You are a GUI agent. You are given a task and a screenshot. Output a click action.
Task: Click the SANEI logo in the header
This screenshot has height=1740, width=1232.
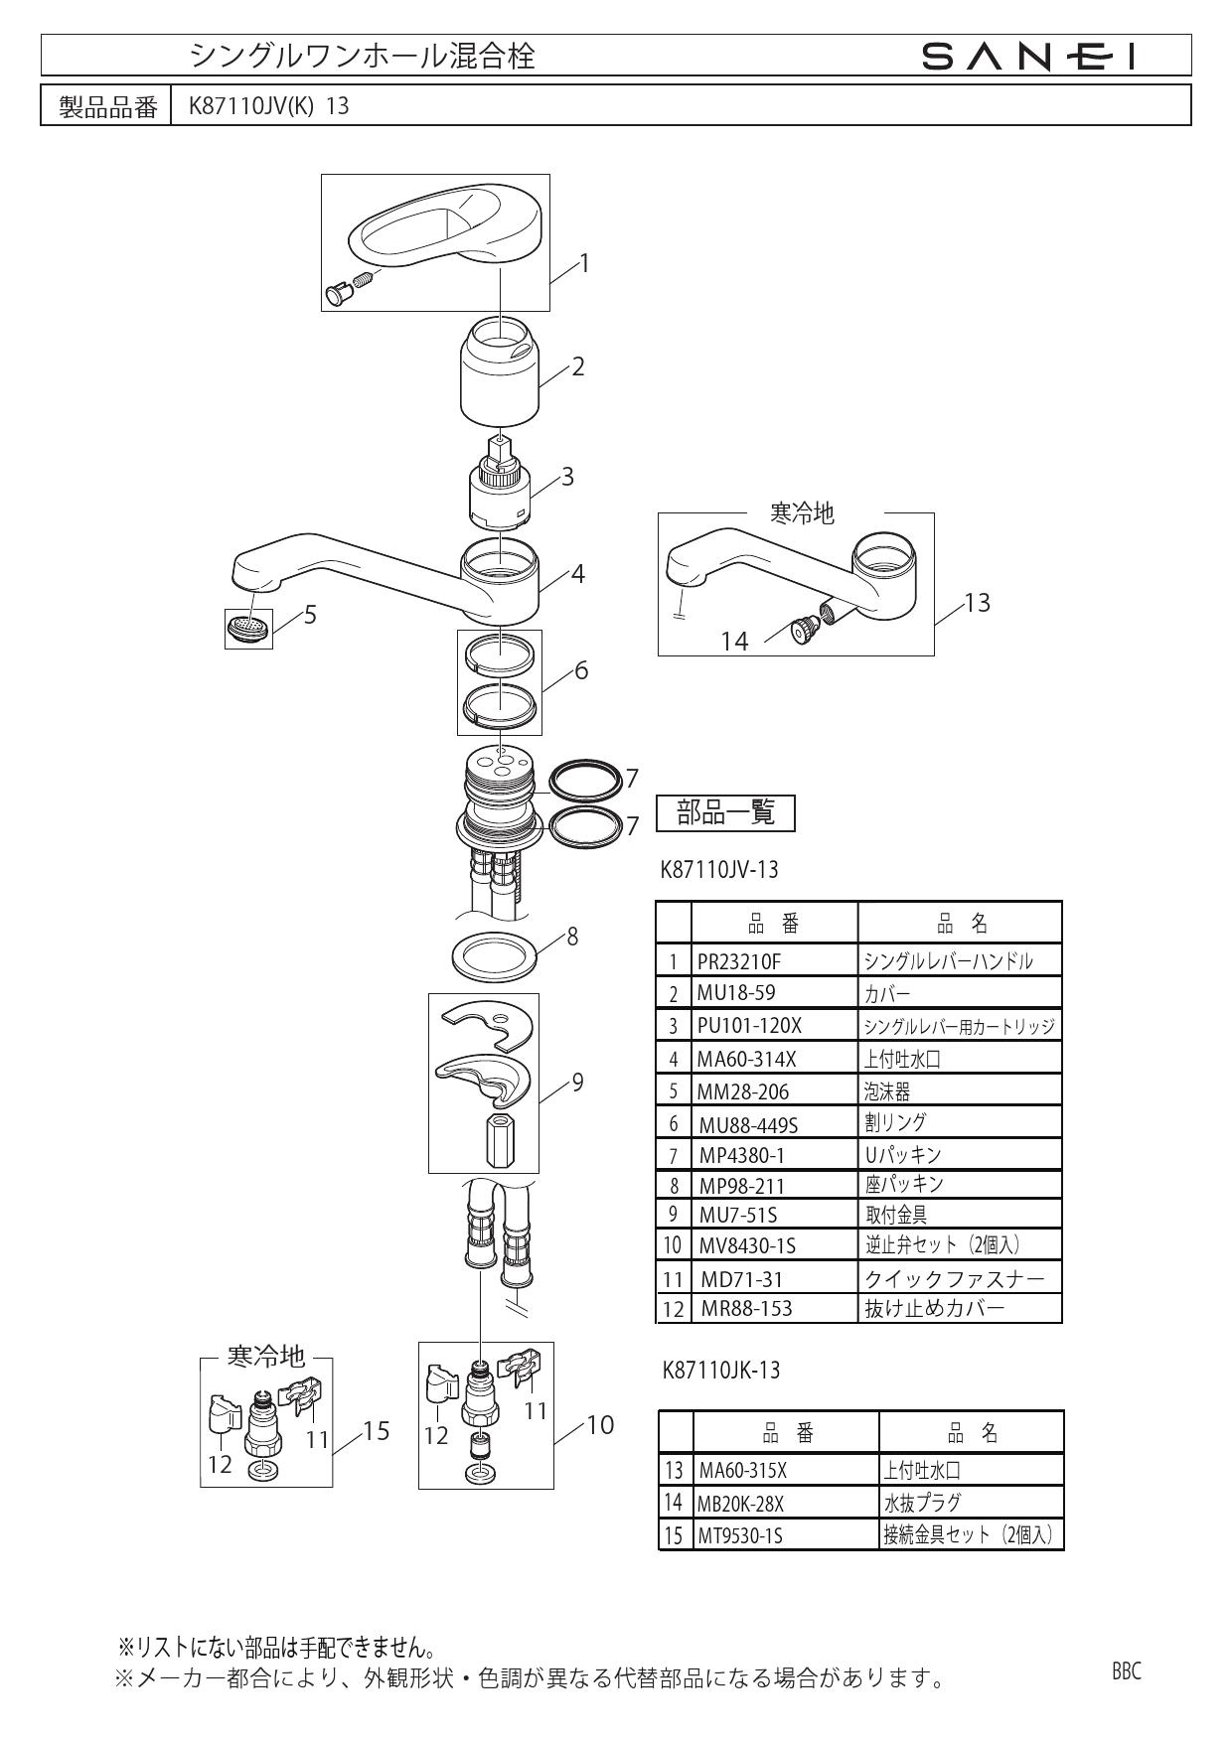(x=1029, y=56)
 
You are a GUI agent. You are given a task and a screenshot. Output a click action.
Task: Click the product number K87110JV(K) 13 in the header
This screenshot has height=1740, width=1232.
(x=268, y=106)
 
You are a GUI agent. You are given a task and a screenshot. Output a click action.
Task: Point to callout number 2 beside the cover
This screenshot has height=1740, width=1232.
(x=577, y=366)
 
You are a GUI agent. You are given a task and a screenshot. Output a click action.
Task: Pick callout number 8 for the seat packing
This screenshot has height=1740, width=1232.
(x=572, y=936)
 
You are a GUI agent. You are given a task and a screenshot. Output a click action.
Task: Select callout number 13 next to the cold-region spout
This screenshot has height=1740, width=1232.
(x=978, y=603)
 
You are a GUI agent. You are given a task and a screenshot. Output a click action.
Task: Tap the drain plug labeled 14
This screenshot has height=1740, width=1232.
(x=801, y=629)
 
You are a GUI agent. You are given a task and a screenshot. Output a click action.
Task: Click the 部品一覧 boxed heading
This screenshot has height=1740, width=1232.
(x=725, y=813)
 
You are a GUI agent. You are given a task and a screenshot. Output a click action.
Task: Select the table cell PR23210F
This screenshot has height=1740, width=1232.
(x=738, y=961)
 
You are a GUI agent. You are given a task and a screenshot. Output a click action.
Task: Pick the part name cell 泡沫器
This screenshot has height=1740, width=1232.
(x=887, y=1091)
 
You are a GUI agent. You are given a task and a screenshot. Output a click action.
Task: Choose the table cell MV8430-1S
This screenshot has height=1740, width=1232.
(x=746, y=1245)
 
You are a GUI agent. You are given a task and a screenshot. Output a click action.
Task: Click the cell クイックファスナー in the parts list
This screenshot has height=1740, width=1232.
(x=955, y=1278)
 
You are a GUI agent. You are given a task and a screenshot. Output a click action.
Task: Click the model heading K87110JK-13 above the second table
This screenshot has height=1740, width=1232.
(x=721, y=1371)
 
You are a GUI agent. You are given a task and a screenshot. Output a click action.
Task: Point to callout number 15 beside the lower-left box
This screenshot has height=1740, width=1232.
(x=376, y=1431)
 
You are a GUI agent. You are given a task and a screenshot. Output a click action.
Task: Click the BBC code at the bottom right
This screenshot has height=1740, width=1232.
(x=1127, y=1671)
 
